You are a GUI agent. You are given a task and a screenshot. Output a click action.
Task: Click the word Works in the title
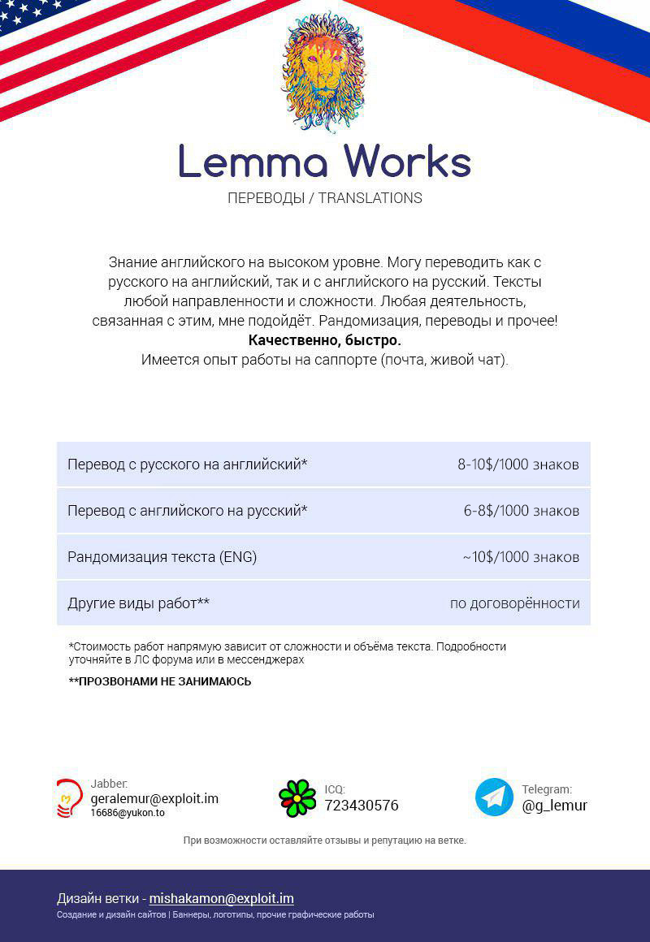tap(408, 162)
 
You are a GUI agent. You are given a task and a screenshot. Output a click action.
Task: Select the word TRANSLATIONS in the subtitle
tap(370, 198)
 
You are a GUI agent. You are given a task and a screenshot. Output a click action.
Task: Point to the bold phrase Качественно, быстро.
tap(324, 340)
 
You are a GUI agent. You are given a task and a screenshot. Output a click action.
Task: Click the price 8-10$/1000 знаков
tap(518, 465)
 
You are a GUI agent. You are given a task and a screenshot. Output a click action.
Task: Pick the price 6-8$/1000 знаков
tap(521, 511)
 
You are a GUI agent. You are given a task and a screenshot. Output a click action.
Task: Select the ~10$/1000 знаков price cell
tap(521, 557)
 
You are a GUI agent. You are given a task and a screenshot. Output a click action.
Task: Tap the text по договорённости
tap(514, 603)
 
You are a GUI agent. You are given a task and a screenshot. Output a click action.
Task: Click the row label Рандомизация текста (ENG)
tap(162, 557)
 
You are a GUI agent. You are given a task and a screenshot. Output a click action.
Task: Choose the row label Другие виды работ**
tap(138, 603)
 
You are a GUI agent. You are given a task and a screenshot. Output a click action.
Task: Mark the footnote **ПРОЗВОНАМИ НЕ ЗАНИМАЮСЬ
tap(160, 681)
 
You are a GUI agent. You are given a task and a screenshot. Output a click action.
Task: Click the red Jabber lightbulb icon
tap(69, 797)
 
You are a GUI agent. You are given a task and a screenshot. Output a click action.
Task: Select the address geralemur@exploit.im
tap(154, 798)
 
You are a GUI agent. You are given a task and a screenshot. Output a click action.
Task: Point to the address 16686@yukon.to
tap(128, 813)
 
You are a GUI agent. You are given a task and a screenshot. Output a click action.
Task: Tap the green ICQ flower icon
tap(297, 797)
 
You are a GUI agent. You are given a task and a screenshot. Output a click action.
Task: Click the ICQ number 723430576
tap(362, 806)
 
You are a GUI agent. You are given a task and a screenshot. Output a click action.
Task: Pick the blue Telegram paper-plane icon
tap(494, 797)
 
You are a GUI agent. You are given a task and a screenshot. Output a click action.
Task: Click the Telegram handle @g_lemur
tap(554, 806)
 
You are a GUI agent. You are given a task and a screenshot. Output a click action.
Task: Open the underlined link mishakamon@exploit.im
tap(221, 898)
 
